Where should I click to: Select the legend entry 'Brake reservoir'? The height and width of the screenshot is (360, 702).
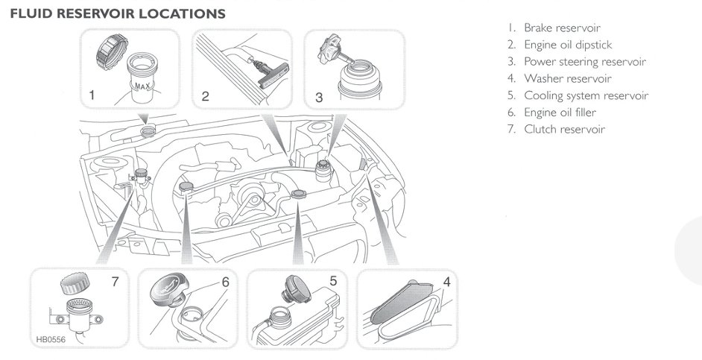563,28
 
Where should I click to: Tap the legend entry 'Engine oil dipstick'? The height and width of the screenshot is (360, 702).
568,45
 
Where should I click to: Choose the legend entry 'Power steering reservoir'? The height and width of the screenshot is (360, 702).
584,62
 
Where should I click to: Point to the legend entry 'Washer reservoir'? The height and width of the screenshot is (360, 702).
565,78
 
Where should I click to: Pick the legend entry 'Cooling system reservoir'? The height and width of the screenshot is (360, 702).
586,95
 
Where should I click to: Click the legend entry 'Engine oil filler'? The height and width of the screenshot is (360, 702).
560,112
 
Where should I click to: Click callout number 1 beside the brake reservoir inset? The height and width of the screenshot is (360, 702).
92,95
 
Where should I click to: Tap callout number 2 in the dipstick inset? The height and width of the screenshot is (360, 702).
205,95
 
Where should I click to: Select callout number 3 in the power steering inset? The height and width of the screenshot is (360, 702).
319,95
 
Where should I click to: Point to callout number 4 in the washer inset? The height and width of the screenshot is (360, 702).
446,282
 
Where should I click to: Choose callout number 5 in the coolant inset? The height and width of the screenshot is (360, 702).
333,282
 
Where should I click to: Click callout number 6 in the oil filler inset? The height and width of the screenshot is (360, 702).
224,282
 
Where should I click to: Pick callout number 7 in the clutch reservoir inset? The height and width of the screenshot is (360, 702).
114,282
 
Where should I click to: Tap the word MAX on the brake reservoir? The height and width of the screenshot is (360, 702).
144,86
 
